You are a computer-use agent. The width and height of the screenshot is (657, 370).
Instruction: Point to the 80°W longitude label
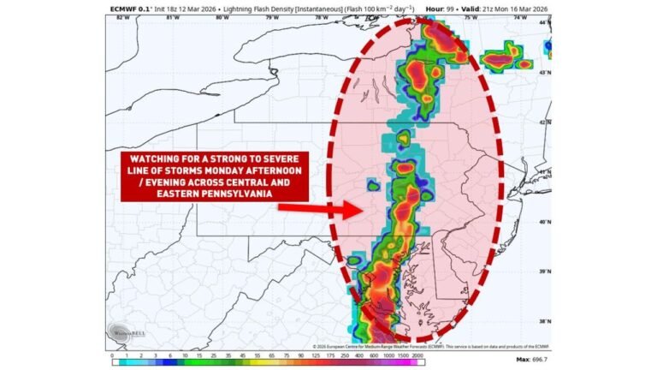pos(222,16)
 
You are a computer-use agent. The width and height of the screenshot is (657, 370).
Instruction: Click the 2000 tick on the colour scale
pos(417,355)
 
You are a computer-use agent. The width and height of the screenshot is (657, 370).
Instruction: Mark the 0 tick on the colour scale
pos(112,355)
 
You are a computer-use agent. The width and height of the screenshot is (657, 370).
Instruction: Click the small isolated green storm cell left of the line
pos(373,184)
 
